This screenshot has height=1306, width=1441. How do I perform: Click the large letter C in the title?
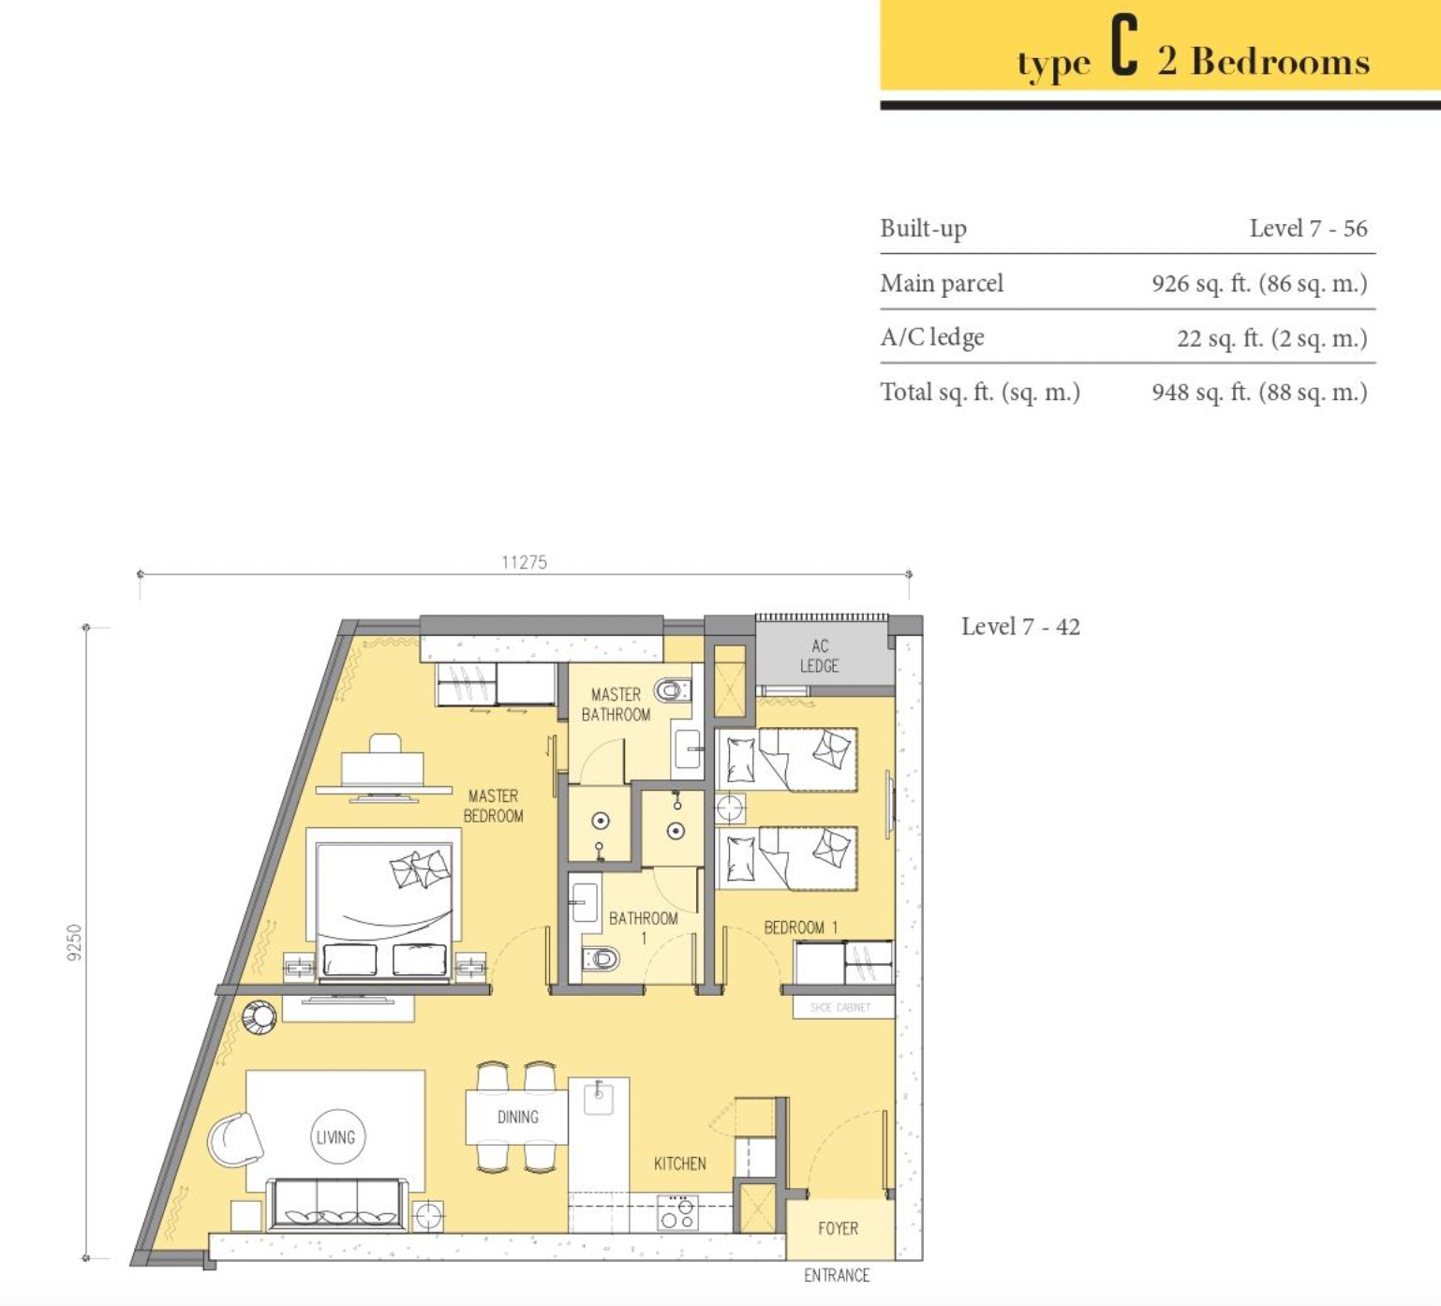click(1124, 47)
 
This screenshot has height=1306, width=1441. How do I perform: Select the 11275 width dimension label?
click(524, 562)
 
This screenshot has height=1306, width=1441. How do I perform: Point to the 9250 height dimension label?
click(75, 942)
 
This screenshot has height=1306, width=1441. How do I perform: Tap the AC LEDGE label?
click(819, 656)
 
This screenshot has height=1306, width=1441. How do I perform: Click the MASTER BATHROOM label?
click(616, 705)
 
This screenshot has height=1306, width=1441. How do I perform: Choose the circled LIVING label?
click(335, 1137)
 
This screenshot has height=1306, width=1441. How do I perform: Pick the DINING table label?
click(518, 1117)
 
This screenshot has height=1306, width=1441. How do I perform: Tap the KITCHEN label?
click(680, 1164)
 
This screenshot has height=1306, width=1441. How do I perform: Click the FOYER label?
click(838, 1228)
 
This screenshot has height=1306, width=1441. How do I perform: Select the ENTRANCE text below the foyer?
click(837, 1275)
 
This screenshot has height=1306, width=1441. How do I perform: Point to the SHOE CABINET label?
click(840, 1007)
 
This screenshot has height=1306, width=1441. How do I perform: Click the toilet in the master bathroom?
click(672, 691)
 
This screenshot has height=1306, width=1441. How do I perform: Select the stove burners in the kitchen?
click(677, 1213)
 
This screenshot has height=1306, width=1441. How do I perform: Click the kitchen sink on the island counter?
click(599, 1097)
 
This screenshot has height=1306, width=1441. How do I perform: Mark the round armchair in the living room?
click(234, 1139)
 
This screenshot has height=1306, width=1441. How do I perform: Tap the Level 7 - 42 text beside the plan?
click(1020, 627)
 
